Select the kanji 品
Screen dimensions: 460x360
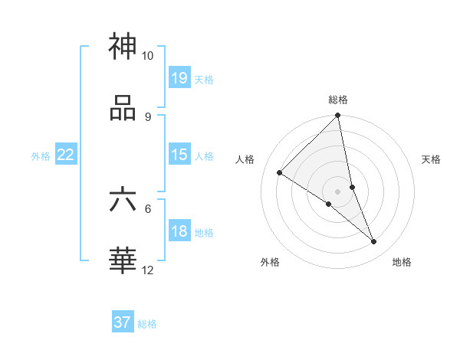click(123, 108)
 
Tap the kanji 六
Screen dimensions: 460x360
click(123, 200)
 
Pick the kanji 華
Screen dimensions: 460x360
click(123, 261)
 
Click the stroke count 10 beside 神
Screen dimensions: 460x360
click(147, 56)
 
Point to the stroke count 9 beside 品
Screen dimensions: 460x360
click(147, 116)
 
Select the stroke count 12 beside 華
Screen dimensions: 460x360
click(147, 270)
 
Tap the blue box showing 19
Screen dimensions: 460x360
click(179, 77)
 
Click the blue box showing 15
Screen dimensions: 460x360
click(179, 155)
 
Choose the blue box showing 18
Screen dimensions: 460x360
click(179, 231)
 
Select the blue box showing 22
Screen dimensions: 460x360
click(66, 155)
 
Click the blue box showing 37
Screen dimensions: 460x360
click(123, 322)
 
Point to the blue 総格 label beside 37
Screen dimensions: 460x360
click(147, 324)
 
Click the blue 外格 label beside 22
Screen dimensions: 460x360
click(41, 156)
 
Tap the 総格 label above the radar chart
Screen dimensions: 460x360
click(337, 100)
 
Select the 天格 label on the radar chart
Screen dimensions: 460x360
click(431, 160)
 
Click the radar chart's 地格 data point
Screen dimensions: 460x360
click(374, 242)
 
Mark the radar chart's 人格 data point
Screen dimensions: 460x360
click(279, 173)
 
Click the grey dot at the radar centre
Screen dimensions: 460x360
click(337, 191)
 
